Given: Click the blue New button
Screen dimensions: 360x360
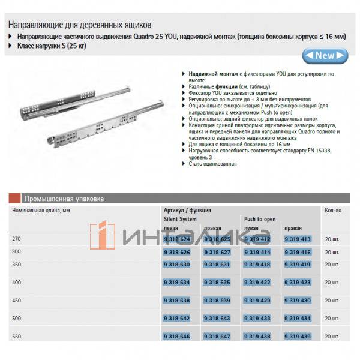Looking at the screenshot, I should (x=325, y=56).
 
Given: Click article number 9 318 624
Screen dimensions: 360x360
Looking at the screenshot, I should (x=176, y=239).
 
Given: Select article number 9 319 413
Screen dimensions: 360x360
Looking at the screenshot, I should (x=297, y=239).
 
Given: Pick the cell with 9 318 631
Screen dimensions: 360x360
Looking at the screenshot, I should (x=217, y=264).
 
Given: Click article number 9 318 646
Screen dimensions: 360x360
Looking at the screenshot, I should (x=176, y=337).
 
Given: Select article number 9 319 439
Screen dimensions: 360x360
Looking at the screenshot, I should (x=297, y=337).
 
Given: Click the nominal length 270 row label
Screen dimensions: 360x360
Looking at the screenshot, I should (x=16, y=239).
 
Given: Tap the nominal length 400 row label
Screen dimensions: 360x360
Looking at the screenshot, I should (x=16, y=281).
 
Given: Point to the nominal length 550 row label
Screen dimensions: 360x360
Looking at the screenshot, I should (x=16, y=337).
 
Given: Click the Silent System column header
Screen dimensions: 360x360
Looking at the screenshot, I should (x=181, y=220).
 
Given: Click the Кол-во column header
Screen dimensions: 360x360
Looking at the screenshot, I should (x=333, y=211).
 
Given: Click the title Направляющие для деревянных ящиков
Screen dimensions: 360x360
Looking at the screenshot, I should (x=79, y=25).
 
